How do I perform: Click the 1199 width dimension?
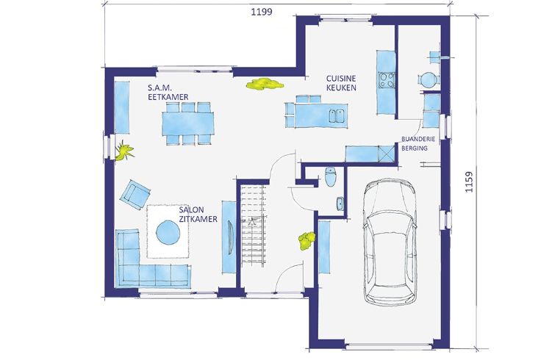261,12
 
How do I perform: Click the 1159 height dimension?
469,181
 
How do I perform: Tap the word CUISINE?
341,79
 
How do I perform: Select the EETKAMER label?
168,96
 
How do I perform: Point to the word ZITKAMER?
198,219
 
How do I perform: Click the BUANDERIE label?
418,139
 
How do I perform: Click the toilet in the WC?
331,176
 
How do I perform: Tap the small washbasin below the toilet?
340,204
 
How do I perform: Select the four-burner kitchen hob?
387,79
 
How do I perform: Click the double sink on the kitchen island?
337,116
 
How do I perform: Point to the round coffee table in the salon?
168,232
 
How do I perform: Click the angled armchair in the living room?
135,195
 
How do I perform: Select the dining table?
188,123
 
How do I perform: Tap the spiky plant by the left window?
123,151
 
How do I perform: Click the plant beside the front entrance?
307,240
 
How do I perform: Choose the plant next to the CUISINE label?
265,84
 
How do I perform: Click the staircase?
254,226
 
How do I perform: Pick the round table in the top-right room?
429,80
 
